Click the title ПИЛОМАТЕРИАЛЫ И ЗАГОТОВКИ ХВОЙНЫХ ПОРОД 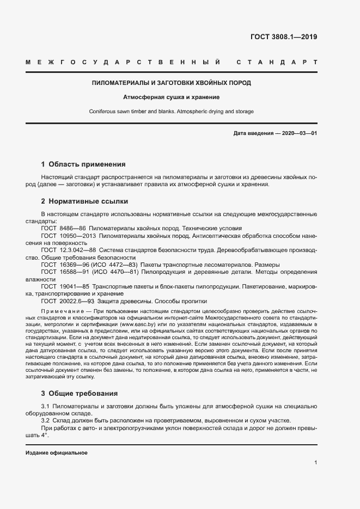coord(171,83)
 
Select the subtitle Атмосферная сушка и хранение coord(171,97)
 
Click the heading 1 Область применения coord(83,164)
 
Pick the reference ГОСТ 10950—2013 coord(68,236)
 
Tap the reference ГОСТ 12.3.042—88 coord(69,250)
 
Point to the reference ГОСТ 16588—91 coord(64,271)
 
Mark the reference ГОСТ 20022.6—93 coord(68,301)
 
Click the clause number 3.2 coord(46,420)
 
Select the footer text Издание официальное coord(57,453)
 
